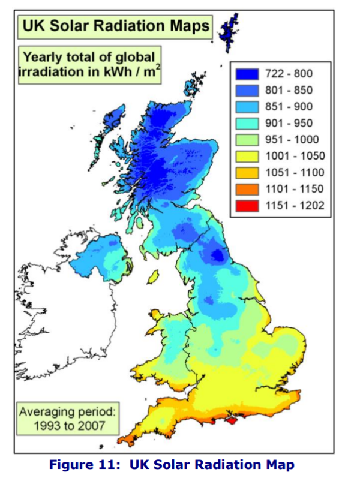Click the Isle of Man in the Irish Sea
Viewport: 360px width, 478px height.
[153, 278]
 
